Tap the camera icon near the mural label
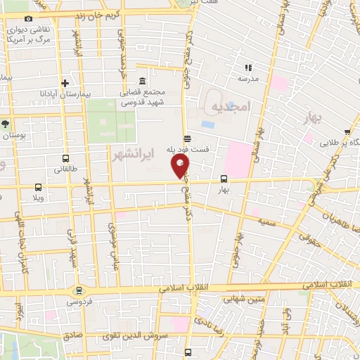tap(28, 18)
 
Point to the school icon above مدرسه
tap(247, 67)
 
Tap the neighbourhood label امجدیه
tap(231, 107)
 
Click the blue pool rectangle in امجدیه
tap(208, 124)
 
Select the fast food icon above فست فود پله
tap(186, 139)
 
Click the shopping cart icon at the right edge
tap(347, 131)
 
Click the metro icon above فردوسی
tap(78, 290)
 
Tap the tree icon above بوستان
tap(5, 123)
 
